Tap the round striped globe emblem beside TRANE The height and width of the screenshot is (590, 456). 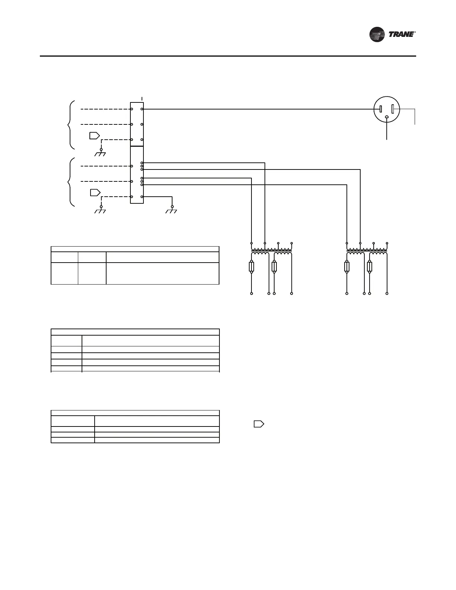[x=377, y=35]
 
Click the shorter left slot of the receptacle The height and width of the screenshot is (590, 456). [x=380, y=109]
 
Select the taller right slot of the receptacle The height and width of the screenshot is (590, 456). [x=393, y=110]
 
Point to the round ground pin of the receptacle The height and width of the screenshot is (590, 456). [x=387, y=118]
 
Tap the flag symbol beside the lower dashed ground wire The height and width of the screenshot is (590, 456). [x=95, y=193]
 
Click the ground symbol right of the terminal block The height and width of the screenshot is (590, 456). [x=172, y=211]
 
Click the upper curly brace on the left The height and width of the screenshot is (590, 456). [x=71, y=124]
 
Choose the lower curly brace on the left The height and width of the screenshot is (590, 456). [x=71, y=182]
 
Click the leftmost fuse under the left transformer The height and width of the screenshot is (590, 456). [x=251, y=267]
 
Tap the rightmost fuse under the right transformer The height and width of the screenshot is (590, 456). [x=370, y=267]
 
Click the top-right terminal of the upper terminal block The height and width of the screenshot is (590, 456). [x=142, y=109]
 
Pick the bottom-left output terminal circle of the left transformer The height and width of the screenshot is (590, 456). [x=251, y=294]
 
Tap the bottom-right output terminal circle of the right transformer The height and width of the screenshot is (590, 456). [x=387, y=294]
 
